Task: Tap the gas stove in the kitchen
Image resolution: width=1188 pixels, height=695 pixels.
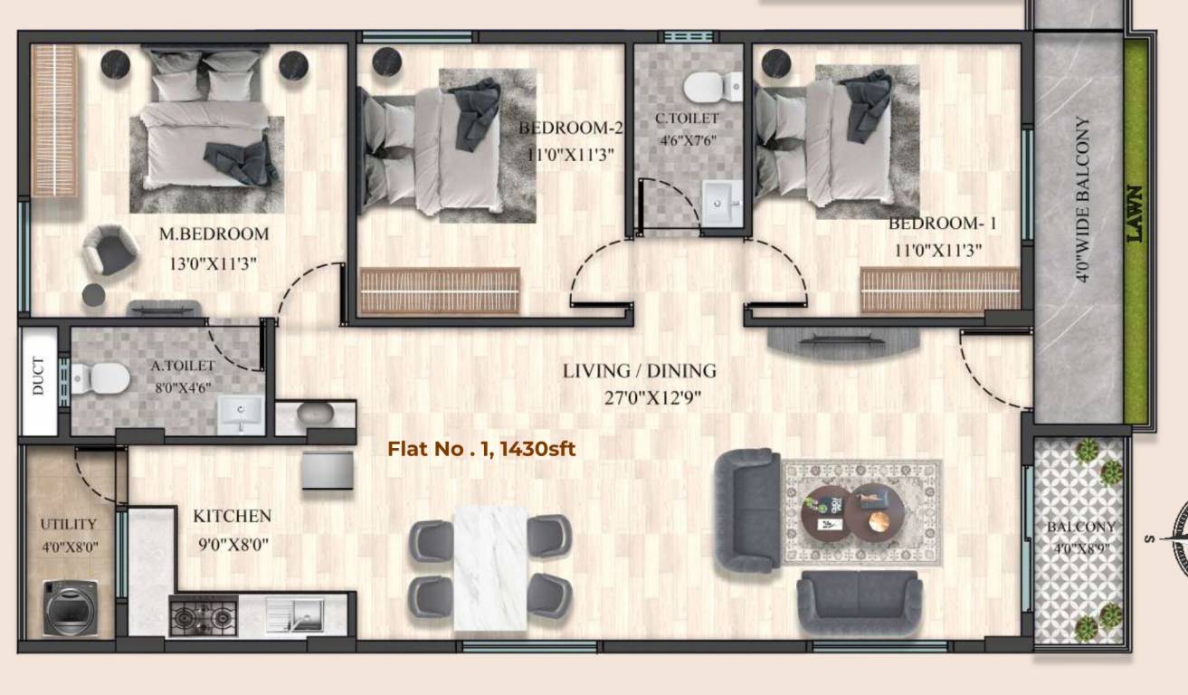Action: point(204,616)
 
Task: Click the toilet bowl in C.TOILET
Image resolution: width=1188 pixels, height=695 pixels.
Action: point(709,88)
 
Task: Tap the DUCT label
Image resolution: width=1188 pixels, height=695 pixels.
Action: point(38,377)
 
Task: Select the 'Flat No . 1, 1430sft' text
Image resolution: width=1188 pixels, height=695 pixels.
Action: point(481,448)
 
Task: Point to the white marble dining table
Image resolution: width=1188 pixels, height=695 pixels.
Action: point(489,567)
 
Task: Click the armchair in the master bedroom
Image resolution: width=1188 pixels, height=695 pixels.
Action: point(109,249)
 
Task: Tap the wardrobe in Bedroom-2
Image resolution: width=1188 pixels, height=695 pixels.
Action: point(440,290)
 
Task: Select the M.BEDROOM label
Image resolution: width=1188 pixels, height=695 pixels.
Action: point(214,234)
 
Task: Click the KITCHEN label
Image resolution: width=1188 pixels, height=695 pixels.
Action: point(232,517)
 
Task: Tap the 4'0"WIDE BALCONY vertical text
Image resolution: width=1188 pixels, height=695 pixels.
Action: point(1082,199)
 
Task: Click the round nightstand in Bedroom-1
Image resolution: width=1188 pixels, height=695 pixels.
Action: point(776,64)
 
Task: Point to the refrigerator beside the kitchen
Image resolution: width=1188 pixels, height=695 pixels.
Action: point(328,470)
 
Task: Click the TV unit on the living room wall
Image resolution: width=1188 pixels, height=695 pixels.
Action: point(843,339)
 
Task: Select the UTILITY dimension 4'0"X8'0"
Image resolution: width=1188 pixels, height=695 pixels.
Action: point(69,547)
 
